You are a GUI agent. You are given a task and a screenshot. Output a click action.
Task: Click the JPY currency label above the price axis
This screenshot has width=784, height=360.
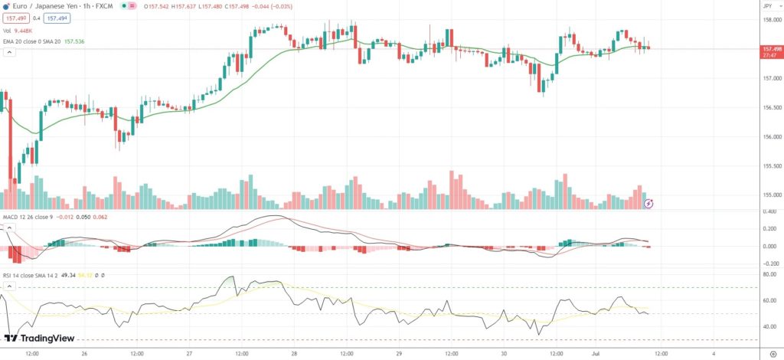click(x=767, y=5)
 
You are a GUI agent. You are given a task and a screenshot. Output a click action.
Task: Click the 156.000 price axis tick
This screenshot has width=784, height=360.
click(x=770, y=137)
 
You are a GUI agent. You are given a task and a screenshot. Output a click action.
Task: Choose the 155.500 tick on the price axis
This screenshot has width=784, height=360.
click(x=770, y=166)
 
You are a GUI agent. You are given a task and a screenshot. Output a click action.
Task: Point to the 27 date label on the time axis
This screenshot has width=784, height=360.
click(x=189, y=353)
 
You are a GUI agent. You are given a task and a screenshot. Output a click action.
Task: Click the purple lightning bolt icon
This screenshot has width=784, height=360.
click(x=649, y=203)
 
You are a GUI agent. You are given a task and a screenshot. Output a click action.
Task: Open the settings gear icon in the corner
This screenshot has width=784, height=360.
click(x=772, y=353)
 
